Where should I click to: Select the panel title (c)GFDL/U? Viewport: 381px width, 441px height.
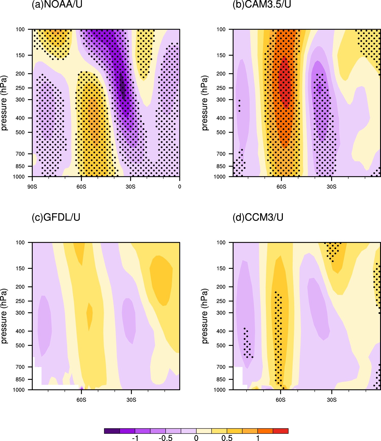[x=56, y=217]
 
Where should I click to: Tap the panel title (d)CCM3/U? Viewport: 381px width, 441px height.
[x=258, y=217]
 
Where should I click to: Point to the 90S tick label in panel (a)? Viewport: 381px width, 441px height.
[x=32, y=187]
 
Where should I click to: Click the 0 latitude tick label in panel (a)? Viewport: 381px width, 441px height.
[x=180, y=187]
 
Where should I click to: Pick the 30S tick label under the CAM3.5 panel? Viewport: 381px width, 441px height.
[x=332, y=187]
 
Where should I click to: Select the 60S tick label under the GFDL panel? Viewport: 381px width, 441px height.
[x=81, y=400]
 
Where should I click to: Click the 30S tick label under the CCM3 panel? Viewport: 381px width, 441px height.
[x=332, y=400]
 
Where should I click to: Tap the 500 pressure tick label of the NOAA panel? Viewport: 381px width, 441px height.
[x=20, y=132]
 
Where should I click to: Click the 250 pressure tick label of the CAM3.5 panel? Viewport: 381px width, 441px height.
[x=221, y=88]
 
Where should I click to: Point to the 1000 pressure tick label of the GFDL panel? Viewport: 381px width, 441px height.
[x=19, y=390]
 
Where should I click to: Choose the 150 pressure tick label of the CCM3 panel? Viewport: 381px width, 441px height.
[x=221, y=268]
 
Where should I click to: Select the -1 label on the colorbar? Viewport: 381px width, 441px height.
[x=135, y=438]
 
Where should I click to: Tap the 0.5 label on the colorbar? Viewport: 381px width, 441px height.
[x=227, y=438]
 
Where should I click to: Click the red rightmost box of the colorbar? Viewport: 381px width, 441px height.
[x=281, y=431]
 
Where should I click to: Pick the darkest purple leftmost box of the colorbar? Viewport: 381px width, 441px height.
[x=112, y=431]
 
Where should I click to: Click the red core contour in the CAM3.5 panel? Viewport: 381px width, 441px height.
[x=285, y=82]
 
